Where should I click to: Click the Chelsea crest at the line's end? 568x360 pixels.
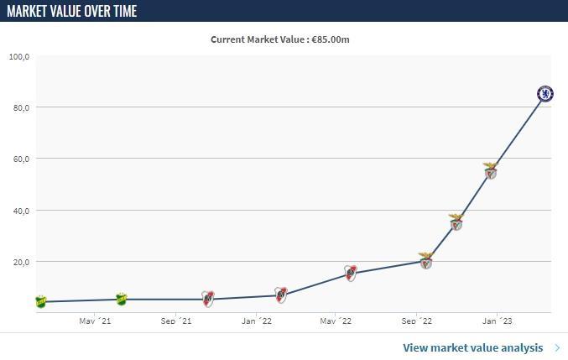pyautogui.click(x=545, y=93)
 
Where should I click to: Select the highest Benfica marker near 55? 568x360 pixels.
pyautogui.click(x=491, y=171)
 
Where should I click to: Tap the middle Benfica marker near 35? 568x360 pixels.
pyautogui.click(x=456, y=222)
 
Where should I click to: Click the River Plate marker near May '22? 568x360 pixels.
pyautogui.click(x=351, y=273)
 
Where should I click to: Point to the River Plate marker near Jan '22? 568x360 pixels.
pyautogui.click(x=281, y=295)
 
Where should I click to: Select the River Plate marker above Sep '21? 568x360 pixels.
pyautogui.click(x=208, y=299)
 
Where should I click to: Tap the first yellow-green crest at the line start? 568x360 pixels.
pyautogui.click(x=40, y=301)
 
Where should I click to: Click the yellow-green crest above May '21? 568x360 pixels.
pyautogui.click(x=121, y=299)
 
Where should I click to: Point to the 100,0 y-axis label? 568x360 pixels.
pyautogui.click(x=19, y=56)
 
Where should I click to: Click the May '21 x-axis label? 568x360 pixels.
pyautogui.click(x=94, y=321)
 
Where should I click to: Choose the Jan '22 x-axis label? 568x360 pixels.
pyautogui.click(x=256, y=321)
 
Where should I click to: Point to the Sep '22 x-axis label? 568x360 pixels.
pyautogui.click(x=416, y=321)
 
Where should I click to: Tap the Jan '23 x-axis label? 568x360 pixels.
pyautogui.click(x=497, y=321)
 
